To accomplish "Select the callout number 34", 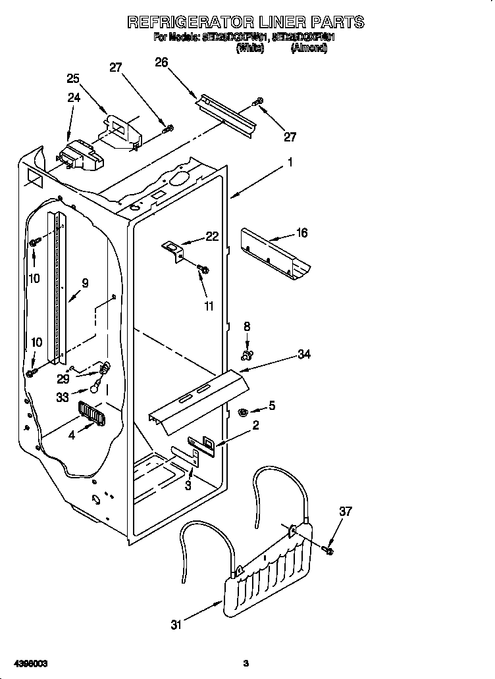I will tap(303, 355).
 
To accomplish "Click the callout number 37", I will tap(345, 511).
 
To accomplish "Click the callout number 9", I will tap(85, 284).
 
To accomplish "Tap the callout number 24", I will tap(74, 98).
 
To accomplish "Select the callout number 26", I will tap(161, 63).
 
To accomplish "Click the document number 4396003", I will tap(28, 663).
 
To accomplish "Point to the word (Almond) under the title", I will tap(309, 48).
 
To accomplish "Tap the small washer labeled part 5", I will tap(242, 412).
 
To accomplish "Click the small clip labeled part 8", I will tap(247, 356).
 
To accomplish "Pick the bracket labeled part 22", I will tap(172, 249).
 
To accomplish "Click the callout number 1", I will tap(289, 162).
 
